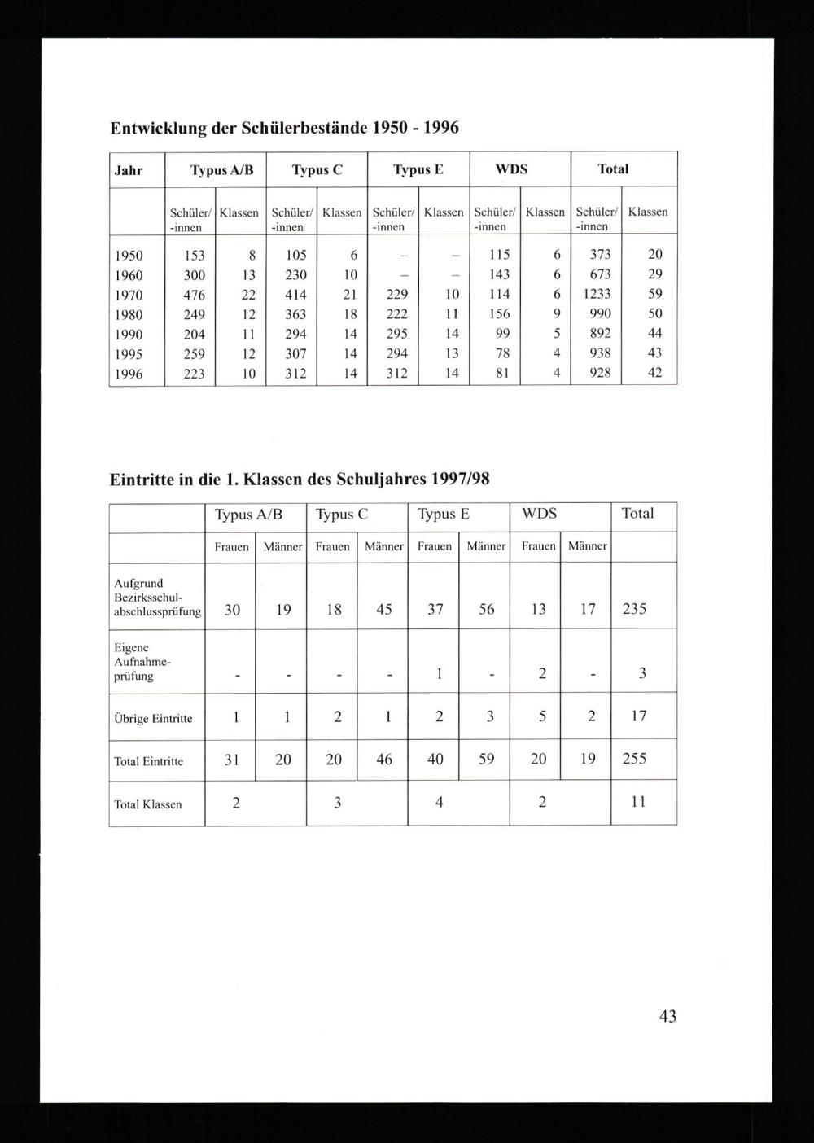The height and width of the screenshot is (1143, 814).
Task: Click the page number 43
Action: pyautogui.click(x=667, y=1016)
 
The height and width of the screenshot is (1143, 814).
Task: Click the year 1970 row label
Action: pyautogui.click(x=129, y=295)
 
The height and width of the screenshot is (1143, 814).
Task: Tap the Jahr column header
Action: pyautogui.click(x=129, y=170)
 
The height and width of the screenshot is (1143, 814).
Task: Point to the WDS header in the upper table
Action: pyautogui.click(x=511, y=169)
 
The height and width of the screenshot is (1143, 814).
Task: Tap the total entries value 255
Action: pyautogui.click(x=634, y=759)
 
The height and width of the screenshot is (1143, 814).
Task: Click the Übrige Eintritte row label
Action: pyautogui.click(x=153, y=719)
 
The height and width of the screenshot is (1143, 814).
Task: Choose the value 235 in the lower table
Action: pyautogui.click(x=634, y=609)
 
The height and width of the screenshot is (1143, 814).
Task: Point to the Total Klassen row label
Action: pyautogui.click(x=148, y=804)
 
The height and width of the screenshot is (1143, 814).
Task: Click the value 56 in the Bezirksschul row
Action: pyautogui.click(x=486, y=609)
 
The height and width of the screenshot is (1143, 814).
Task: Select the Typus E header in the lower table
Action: pyautogui.click(x=443, y=514)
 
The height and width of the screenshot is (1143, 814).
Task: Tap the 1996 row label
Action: pyautogui.click(x=129, y=374)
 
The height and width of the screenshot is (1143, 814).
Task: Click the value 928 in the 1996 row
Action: pyautogui.click(x=600, y=374)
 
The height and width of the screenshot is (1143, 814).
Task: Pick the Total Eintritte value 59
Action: pyautogui.click(x=486, y=759)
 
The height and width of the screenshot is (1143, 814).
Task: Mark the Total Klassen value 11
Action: pyautogui.click(x=638, y=802)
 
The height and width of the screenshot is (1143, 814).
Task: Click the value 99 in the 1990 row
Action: pyautogui.click(x=502, y=334)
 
